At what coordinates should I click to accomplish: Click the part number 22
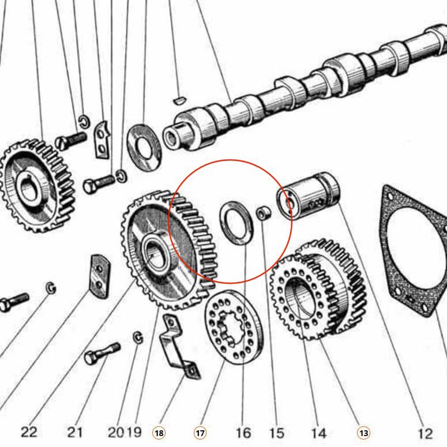(x=28, y=432)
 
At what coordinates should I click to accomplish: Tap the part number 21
(x=74, y=432)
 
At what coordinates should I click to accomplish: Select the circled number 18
(x=159, y=433)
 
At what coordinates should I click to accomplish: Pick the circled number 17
(x=200, y=433)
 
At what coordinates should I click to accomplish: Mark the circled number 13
(x=363, y=433)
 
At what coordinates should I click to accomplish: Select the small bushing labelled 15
(x=263, y=213)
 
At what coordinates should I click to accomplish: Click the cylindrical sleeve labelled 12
(x=307, y=196)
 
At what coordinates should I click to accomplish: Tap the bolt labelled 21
(x=102, y=354)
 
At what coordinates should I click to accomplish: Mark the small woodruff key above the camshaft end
(x=179, y=99)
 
